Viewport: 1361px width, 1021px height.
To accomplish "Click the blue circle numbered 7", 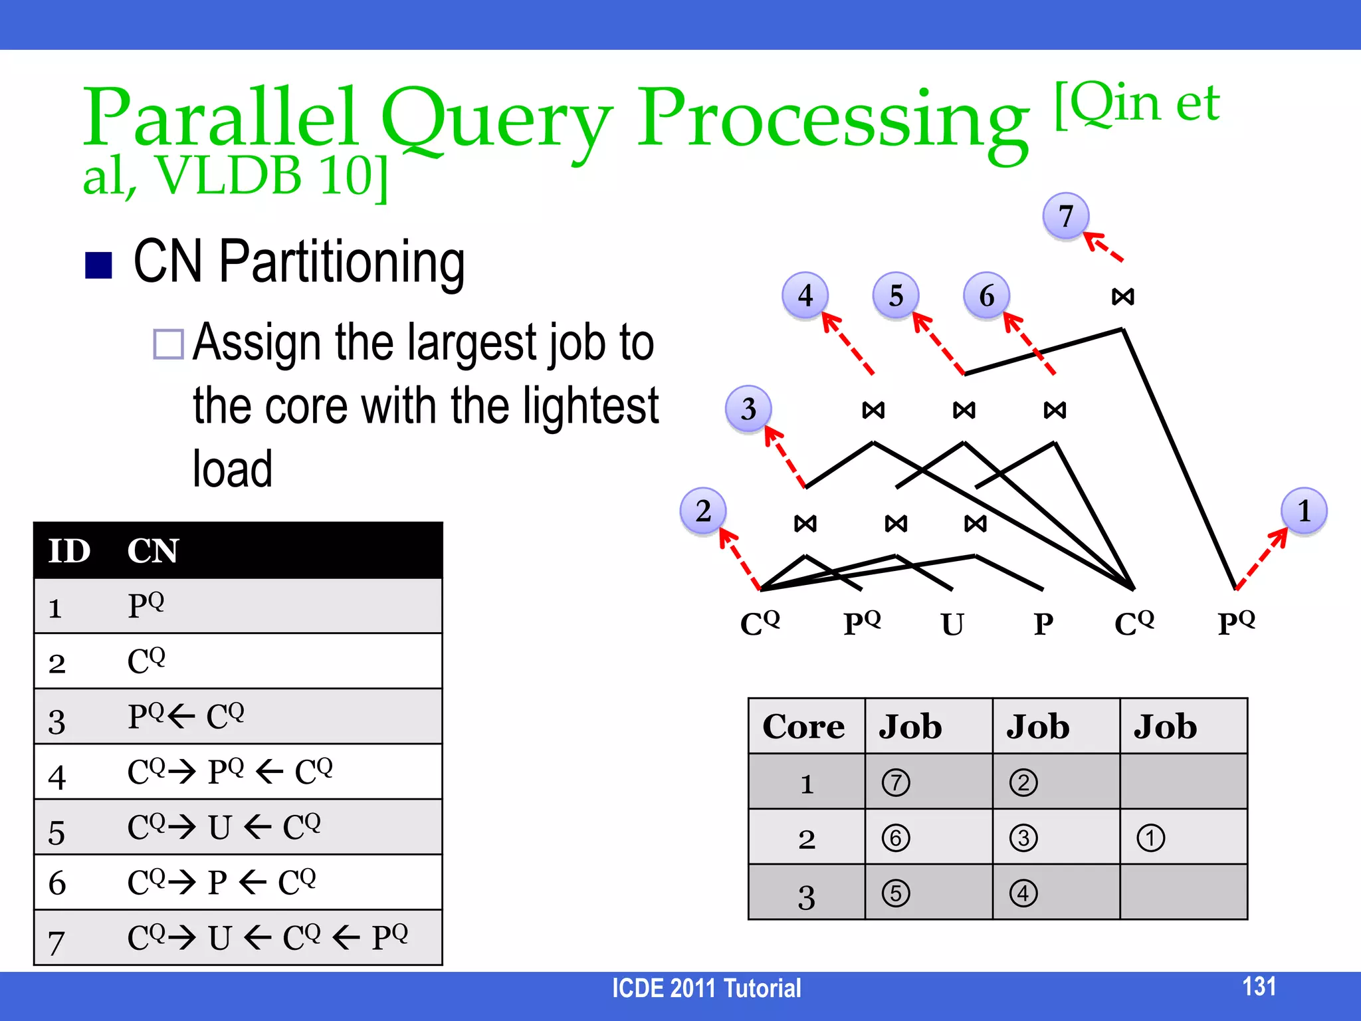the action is point(1065,216).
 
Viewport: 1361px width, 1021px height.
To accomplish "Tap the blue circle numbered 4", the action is point(805,295).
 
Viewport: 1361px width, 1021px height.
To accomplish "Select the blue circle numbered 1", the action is point(1303,511).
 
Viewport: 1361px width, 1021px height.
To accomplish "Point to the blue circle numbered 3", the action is point(748,409).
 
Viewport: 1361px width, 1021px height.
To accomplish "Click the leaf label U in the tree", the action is point(952,624).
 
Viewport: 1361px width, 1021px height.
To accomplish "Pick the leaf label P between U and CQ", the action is point(1043,624).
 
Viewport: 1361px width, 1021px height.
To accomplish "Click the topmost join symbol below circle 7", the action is point(1123,296).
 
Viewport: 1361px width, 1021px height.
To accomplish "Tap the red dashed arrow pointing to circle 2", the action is point(739,559).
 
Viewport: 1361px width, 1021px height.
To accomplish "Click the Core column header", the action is point(803,727).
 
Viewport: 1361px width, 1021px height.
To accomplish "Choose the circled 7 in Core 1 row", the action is point(896,782).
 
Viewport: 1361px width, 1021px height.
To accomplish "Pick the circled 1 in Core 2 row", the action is point(1150,838).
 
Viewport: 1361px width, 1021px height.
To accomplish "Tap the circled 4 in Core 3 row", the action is point(1023,893).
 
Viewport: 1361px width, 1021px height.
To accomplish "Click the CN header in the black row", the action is point(153,551).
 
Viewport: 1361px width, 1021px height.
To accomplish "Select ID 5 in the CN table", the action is point(57,832).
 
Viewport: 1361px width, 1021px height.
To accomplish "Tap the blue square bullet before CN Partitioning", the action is point(98,265).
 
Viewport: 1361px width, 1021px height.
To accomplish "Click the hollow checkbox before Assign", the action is point(168,344).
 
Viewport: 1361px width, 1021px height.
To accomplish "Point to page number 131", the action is point(1259,986).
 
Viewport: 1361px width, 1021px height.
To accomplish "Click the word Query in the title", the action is point(496,120).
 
